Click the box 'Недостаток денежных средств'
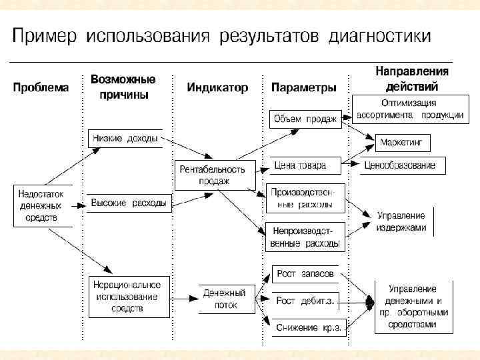43,205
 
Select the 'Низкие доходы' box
125,139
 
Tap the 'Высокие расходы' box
129,203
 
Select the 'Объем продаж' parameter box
305,119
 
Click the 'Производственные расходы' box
307,198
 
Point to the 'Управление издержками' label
401,221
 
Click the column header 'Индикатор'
217,87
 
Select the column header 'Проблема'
40,87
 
